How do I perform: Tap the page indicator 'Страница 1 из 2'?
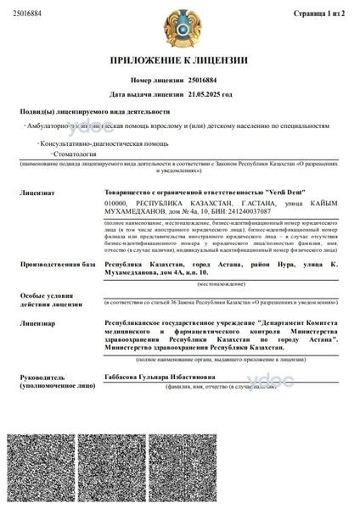[326, 14]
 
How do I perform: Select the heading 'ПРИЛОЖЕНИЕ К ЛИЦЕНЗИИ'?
[179, 60]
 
